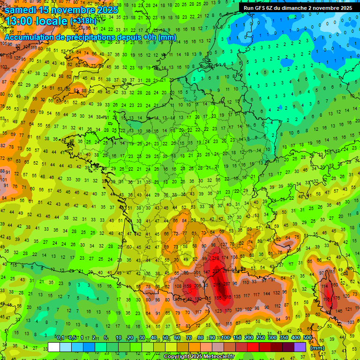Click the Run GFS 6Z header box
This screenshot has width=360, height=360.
click(x=298, y=8)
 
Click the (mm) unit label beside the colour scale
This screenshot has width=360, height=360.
click(x=317, y=348)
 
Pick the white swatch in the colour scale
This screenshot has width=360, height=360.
click(x=54, y=347)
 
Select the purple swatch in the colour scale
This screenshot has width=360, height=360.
click(x=300, y=347)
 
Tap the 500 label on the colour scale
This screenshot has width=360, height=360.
click(x=307, y=338)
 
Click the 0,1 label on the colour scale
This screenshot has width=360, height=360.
click(x=60, y=338)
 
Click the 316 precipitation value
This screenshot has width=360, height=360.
click(x=228, y=297)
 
